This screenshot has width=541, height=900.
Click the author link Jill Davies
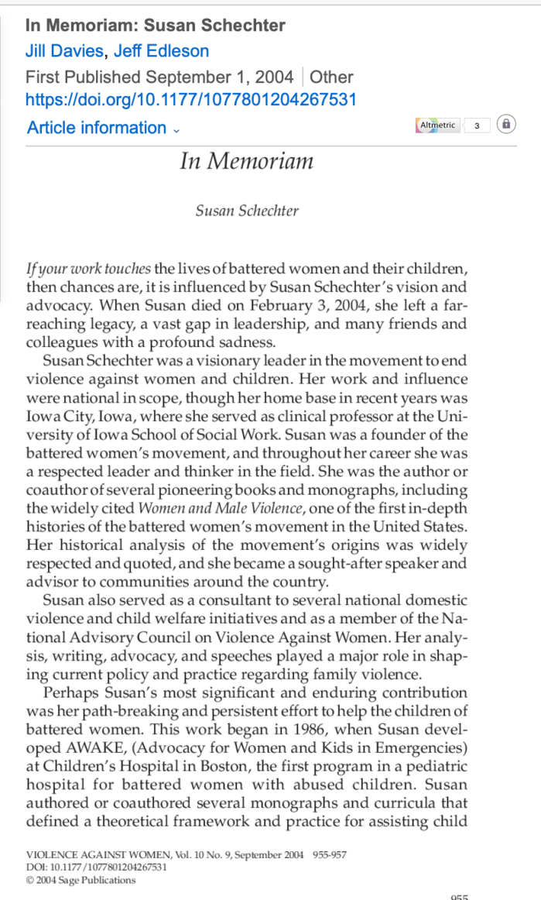pos(64,52)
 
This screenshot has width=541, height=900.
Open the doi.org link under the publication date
pos(190,100)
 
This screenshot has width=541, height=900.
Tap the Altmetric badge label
pos(437,125)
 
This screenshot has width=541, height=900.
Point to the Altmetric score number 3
pos(477,125)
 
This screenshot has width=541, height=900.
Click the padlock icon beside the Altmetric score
pos(505,124)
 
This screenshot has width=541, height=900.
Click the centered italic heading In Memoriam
pos(246,161)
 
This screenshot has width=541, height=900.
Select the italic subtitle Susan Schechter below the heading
pos(246,211)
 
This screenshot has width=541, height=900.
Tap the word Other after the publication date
pos(331,77)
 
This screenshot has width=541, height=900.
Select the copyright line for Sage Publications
pos(80,880)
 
